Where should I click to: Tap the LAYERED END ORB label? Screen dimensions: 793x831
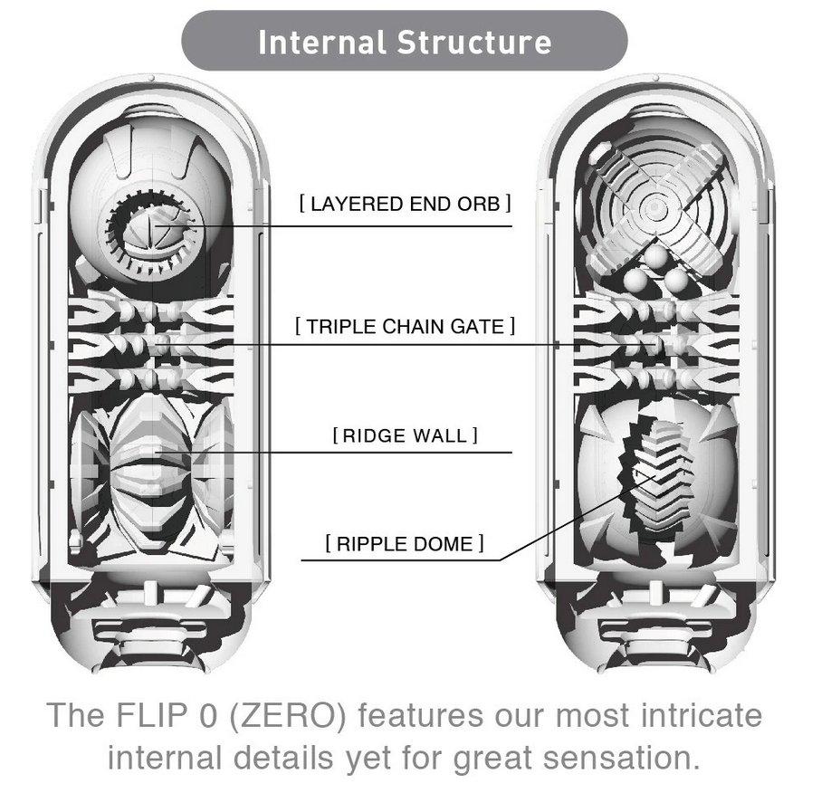click(405, 204)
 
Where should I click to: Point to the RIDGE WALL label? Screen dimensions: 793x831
click(405, 436)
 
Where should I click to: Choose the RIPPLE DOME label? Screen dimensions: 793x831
click(405, 544)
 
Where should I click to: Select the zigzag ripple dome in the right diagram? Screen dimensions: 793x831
click(658, 471)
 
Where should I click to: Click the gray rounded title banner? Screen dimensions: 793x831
click(405, 42)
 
